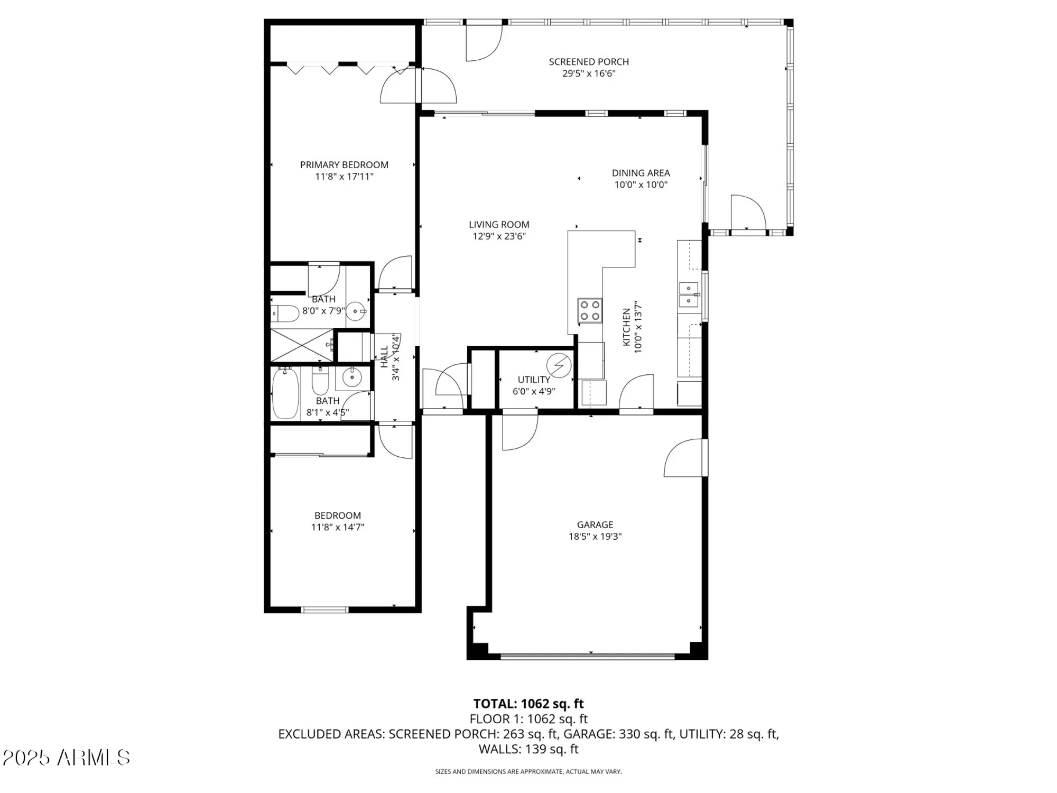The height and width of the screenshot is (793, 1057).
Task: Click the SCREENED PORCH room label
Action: coord(589,62)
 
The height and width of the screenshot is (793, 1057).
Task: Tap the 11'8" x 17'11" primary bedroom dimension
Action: coord(344,177)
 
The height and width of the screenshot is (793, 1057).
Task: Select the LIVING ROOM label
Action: coord(499,225)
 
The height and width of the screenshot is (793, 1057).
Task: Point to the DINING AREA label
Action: coord(641,173)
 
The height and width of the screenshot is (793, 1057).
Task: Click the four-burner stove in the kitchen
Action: coord(590,310)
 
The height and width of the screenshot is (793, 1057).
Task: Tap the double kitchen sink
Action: coord(688,294)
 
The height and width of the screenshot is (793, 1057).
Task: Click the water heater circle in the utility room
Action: coord(559,365)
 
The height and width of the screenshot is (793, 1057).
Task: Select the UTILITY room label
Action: coord(534,380)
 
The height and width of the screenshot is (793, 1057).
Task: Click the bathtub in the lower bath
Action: coord(285,394)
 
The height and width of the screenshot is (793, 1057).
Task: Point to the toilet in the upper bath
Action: coord(285,313)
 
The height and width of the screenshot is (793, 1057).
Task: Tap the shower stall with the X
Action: coord(302,345)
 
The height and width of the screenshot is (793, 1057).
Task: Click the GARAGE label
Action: coord(595,524)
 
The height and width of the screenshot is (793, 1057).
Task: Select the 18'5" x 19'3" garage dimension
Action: coord(595,537)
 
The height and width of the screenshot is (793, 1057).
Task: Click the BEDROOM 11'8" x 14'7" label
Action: coord(338,521)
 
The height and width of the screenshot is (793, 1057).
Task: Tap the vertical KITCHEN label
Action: coord(626,327)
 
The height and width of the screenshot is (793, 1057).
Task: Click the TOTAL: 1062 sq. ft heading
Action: coord(528,704)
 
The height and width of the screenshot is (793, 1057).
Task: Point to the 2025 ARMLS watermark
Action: coord(66,758)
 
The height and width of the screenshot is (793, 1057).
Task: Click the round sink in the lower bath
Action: coord(352,377)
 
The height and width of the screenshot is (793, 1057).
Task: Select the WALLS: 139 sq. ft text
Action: coord(528,749)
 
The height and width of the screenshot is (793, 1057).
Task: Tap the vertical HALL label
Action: coord(384,356)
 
